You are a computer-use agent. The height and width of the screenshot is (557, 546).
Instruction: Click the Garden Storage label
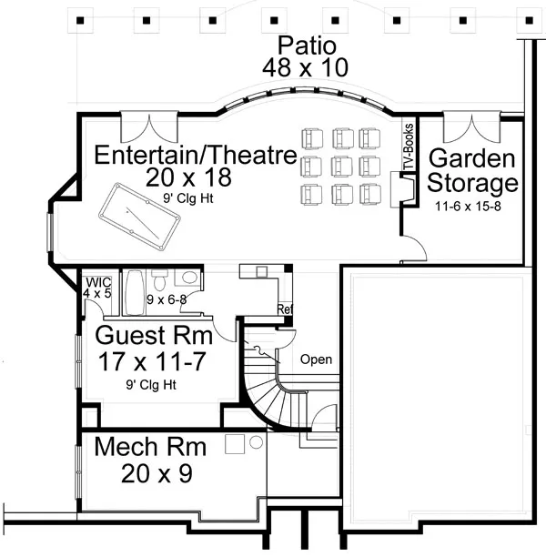pyautogui.click(x=473, y=171)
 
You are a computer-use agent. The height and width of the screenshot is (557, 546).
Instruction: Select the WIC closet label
pyautogui.click(x=96, y=281)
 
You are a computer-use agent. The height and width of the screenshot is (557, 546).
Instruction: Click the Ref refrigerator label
pyautogui.click(x=284, y=309)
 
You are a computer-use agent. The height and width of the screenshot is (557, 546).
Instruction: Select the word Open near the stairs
pyautogui.click(x=317, y=360)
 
